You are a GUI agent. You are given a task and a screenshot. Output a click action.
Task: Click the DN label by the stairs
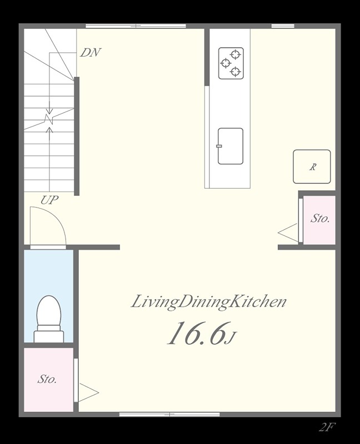pyautogui.click(x=91, y=53)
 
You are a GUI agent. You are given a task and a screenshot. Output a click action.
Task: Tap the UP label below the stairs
pyautogui.click(x=49, y=200)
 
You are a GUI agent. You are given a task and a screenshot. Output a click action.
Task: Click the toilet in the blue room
pyautogui.click(x=49, y=319)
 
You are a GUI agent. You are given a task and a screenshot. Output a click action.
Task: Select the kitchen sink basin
pyautogui.click(x=231, y=146)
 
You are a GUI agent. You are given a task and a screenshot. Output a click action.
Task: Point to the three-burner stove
pyautogui.click(x=231, y=63)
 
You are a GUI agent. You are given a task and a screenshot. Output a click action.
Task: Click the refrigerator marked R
pyautogui.click(x=312, y=167)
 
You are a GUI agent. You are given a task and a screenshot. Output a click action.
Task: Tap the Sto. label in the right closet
pyautogui.click(x=320, y=218)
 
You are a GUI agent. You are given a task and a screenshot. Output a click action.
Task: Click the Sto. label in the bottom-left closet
pyautogui.click(x=47, y=379)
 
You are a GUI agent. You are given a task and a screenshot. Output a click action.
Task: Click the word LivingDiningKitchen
pyautogui.click(x=209, y=301)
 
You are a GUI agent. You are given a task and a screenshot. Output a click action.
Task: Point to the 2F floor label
pyautogui.click(x=327, y=427)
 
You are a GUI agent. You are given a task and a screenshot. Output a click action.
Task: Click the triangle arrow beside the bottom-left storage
pyautogui.click(x=88, y=392)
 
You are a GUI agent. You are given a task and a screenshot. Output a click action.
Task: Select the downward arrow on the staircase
pyautogui.click(x=50, y=107)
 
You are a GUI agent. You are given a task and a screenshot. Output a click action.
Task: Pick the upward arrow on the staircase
pyautogui.click(x=50, y=134)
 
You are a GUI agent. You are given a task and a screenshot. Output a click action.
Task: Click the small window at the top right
pyautogui.click(x=283, y=26)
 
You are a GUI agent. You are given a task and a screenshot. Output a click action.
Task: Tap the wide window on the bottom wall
pyautogui.click(x=169, y=415)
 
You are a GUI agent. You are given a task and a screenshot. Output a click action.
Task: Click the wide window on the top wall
pyautogui.click(x=136, y=26)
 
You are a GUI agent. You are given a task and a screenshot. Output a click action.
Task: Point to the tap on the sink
pyautogui.click(x=219, y=146)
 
